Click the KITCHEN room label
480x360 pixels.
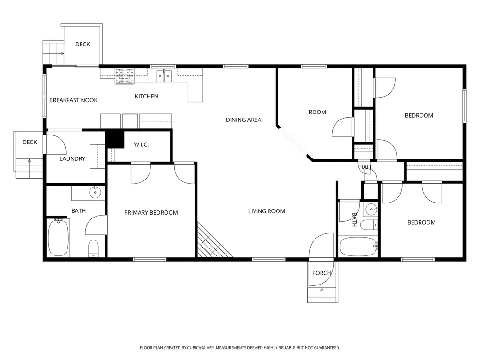click(x=146, y=97)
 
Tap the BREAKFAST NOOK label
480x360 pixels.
click(x=73, y=100)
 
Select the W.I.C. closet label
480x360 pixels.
click(x=141, y=144)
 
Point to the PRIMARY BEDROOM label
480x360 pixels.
click(x=151, y=213)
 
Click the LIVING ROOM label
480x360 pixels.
click(x=267, y=211)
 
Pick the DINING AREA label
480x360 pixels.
click(x=243, y=120)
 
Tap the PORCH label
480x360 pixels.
click(x=322, y=273)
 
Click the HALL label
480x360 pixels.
click(x=366, y=167)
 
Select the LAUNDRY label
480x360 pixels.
click(x=72, y=158)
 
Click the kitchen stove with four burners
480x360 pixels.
click(x=125, y=76)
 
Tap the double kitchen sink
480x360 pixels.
click(x=164, y=76)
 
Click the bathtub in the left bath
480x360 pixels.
click(x=58, y=238)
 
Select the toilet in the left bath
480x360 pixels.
click(x=94, y=248)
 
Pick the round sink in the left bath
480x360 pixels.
click(x=95, y=193)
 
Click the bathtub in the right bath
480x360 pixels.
click(x=359, y=247)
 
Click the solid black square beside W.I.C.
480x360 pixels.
click(x=114, y=139)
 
